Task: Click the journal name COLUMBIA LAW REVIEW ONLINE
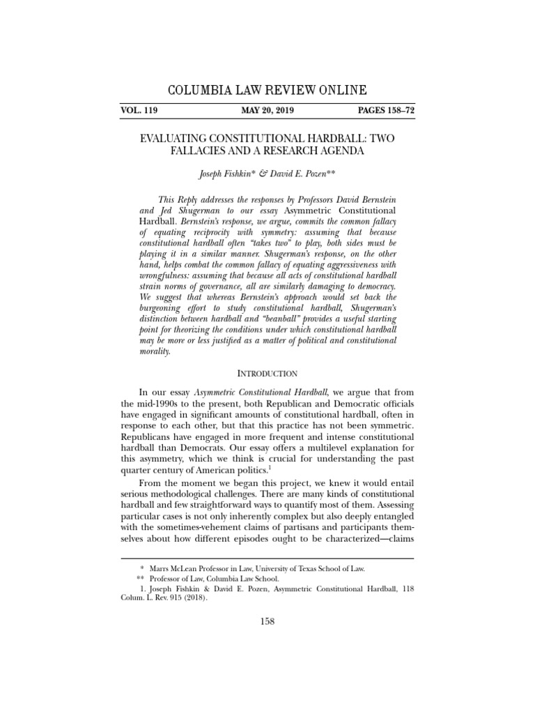coord(268,91)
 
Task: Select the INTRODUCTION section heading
coord(267,374)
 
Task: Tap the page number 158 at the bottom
coord(268,622)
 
